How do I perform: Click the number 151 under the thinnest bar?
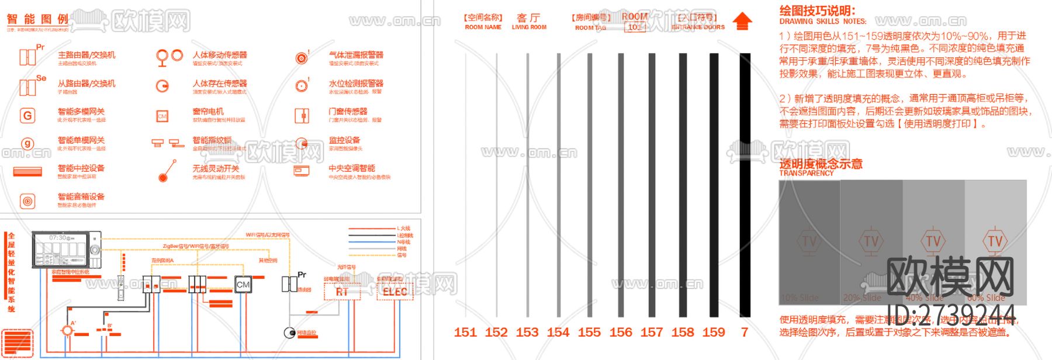(x=465, y=333)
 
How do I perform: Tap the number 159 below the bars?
(x=714, y=333)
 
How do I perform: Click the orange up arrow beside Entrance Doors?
(x=742, y=22)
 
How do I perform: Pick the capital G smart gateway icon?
(x=27, y=116)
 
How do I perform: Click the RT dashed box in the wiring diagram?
(x=342, y=292)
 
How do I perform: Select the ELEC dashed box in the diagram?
(x=395, y=292)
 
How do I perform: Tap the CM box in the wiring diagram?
(x=243, y=285)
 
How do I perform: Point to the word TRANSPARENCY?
(x=807, y=173)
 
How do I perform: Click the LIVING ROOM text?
(x=529, y=27)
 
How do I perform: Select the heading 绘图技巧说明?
(x=817, y=11)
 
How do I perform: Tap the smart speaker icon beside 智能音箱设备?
(x=27, y=201)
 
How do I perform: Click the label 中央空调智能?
(x=352, y=168)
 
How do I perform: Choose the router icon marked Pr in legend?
(x=28, y=57)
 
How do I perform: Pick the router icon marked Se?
(x=28, y=87)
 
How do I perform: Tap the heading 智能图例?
(x=38, y=19)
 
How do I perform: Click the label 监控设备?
(x=344, y=140)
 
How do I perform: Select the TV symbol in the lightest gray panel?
(x=995, y=241)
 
